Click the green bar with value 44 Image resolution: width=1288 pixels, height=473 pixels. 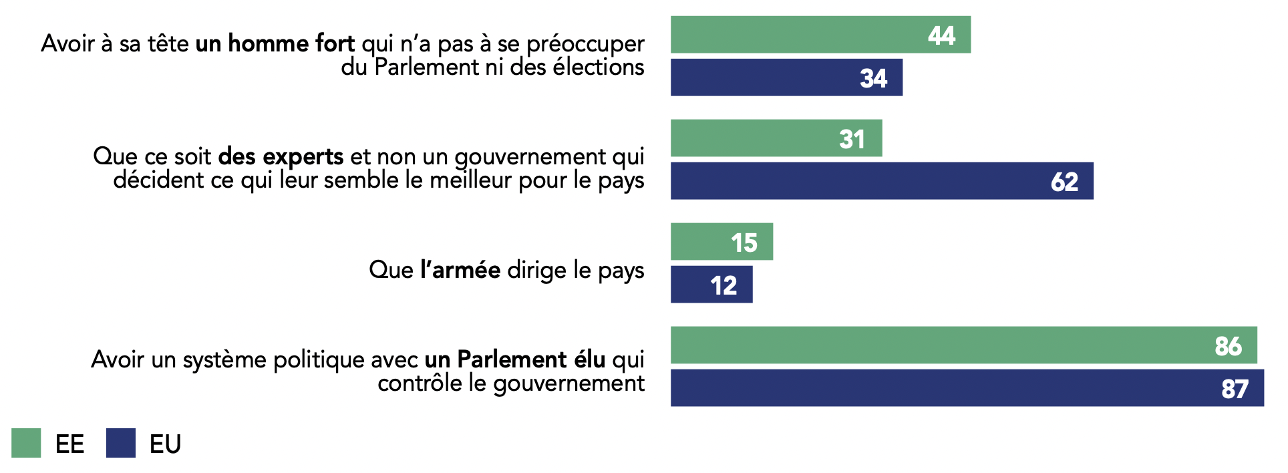click(820, 35)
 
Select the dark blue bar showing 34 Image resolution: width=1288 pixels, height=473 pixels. click(786, 77)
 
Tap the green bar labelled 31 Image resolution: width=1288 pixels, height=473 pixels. click(776, 138)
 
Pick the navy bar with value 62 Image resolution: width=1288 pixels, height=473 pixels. click(882, 181)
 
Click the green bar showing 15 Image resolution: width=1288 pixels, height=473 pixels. click(721, 242)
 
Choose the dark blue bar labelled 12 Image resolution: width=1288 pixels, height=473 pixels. click(711, 285)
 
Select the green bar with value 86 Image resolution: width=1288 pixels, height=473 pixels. click(963, 345)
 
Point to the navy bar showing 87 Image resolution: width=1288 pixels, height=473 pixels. click(967, 388)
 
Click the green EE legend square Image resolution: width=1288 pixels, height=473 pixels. click(26, 443)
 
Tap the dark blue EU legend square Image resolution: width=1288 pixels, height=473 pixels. click(121, 443)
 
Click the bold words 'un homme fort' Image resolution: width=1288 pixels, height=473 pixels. click(275, 43)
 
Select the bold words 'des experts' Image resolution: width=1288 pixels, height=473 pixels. click(281, 156)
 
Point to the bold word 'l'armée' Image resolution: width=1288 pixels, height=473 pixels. click(460, 270)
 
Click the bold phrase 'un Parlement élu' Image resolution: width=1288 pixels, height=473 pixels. click(514, 359)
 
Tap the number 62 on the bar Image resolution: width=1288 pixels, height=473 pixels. click(1064, 182)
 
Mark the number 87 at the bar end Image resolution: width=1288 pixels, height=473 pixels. click(1235, 389)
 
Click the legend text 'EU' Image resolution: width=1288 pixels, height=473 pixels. click(165, 444)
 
